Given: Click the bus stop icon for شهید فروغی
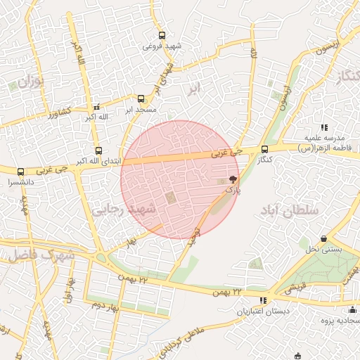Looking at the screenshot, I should click(x=162, y=35).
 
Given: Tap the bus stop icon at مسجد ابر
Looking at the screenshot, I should click(x=141, y=99).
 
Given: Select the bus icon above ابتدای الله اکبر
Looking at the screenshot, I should click(x=98, y=150).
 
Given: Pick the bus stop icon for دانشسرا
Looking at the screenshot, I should click(x=20, y=171).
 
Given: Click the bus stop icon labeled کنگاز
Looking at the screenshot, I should click(x=264, y=149).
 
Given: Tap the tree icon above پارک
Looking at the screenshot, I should click(x=233, y=179).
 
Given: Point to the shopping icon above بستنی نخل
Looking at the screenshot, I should click(x=323, y=239).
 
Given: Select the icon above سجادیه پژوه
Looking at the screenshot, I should click(x=352, y=310).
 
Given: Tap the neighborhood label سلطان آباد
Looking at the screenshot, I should click(x=289, y=210).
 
